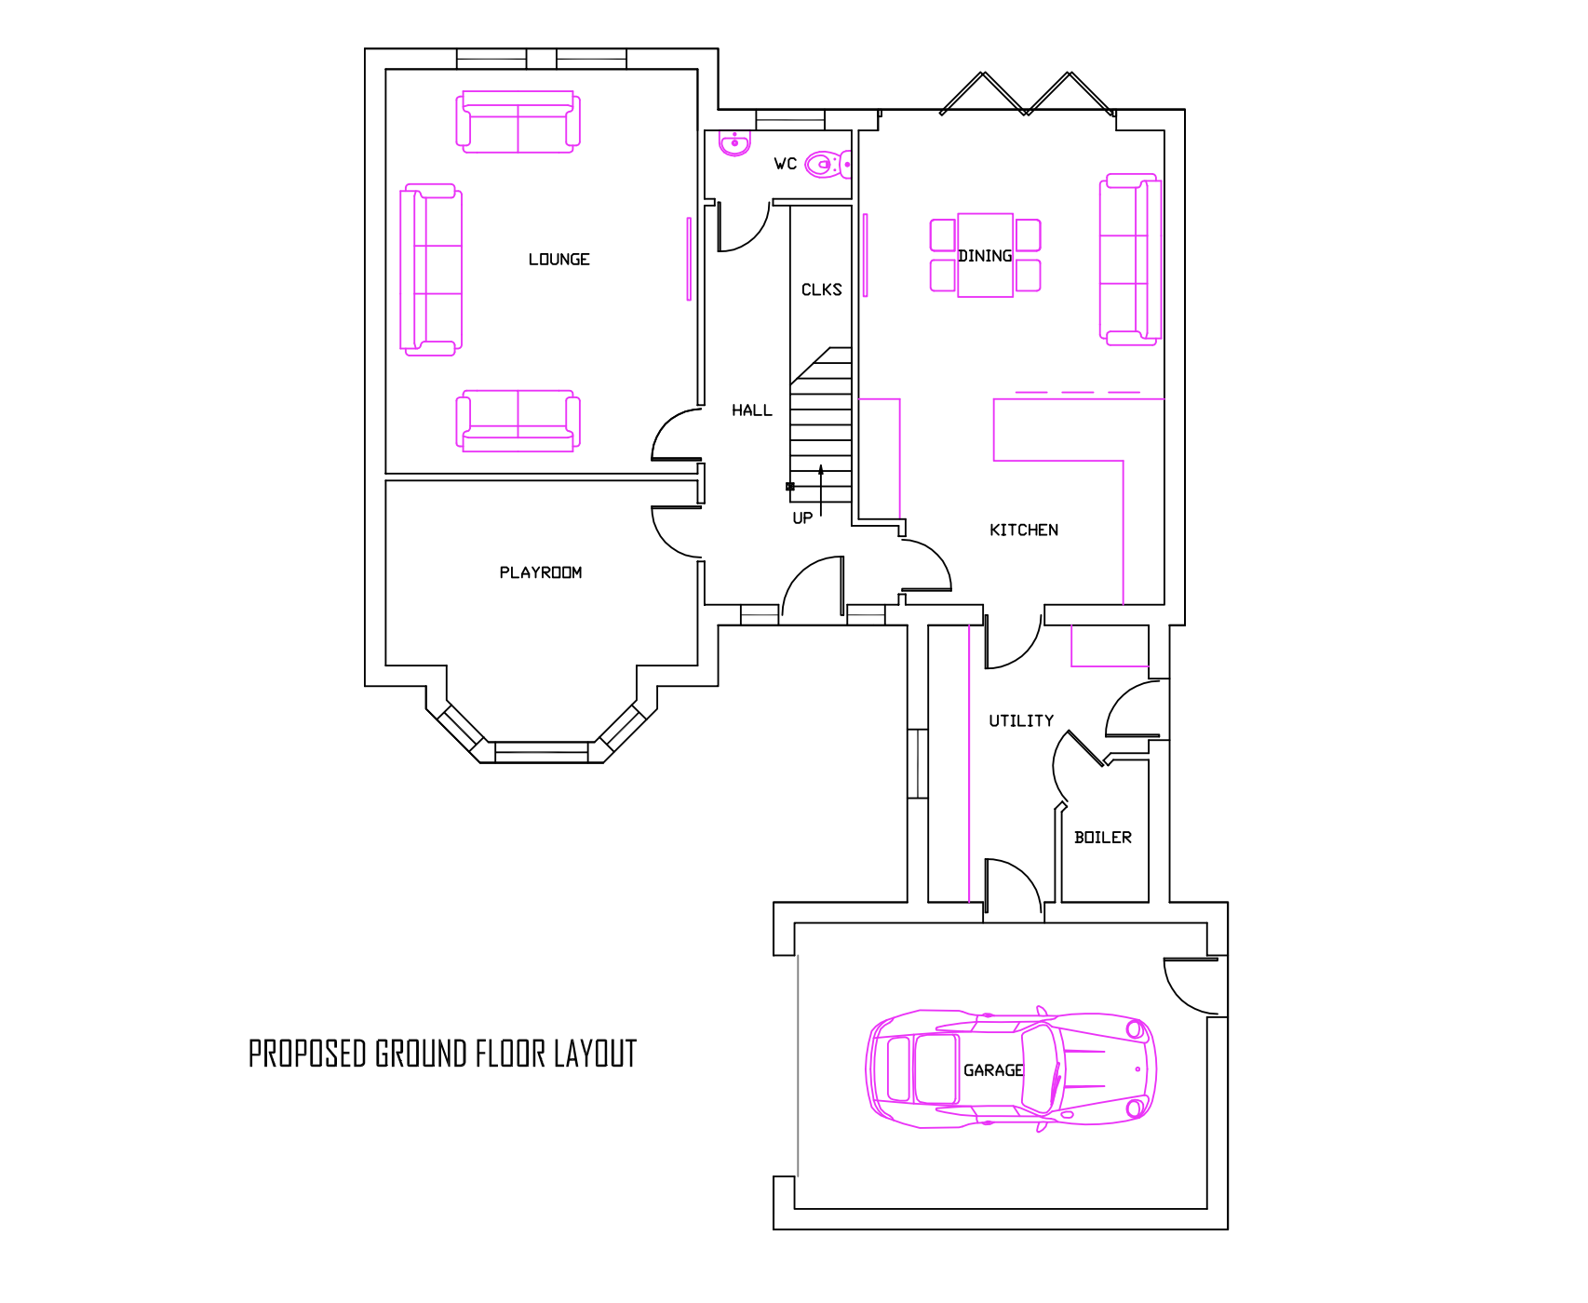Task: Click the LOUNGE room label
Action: (558, 260)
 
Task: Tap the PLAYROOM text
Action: (540, 572)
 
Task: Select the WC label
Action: (785, 164)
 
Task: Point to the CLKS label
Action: (821, 289)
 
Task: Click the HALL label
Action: (751, 410)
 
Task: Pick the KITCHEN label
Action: (1023, 531)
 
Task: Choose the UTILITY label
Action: (1021, 721)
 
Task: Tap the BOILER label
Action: (1102, 838)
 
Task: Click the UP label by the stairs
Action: (801, 518)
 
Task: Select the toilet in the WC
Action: (827, 166)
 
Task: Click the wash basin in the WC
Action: (734, 143)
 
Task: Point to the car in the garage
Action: (1011, 1069)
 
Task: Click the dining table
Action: (985, 255)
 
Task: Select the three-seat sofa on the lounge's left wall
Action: (430, 270)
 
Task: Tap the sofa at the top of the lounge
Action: (518, 123)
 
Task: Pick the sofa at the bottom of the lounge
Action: (518, 422)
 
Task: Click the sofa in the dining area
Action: (1130, 260)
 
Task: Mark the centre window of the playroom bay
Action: (541, 751)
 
